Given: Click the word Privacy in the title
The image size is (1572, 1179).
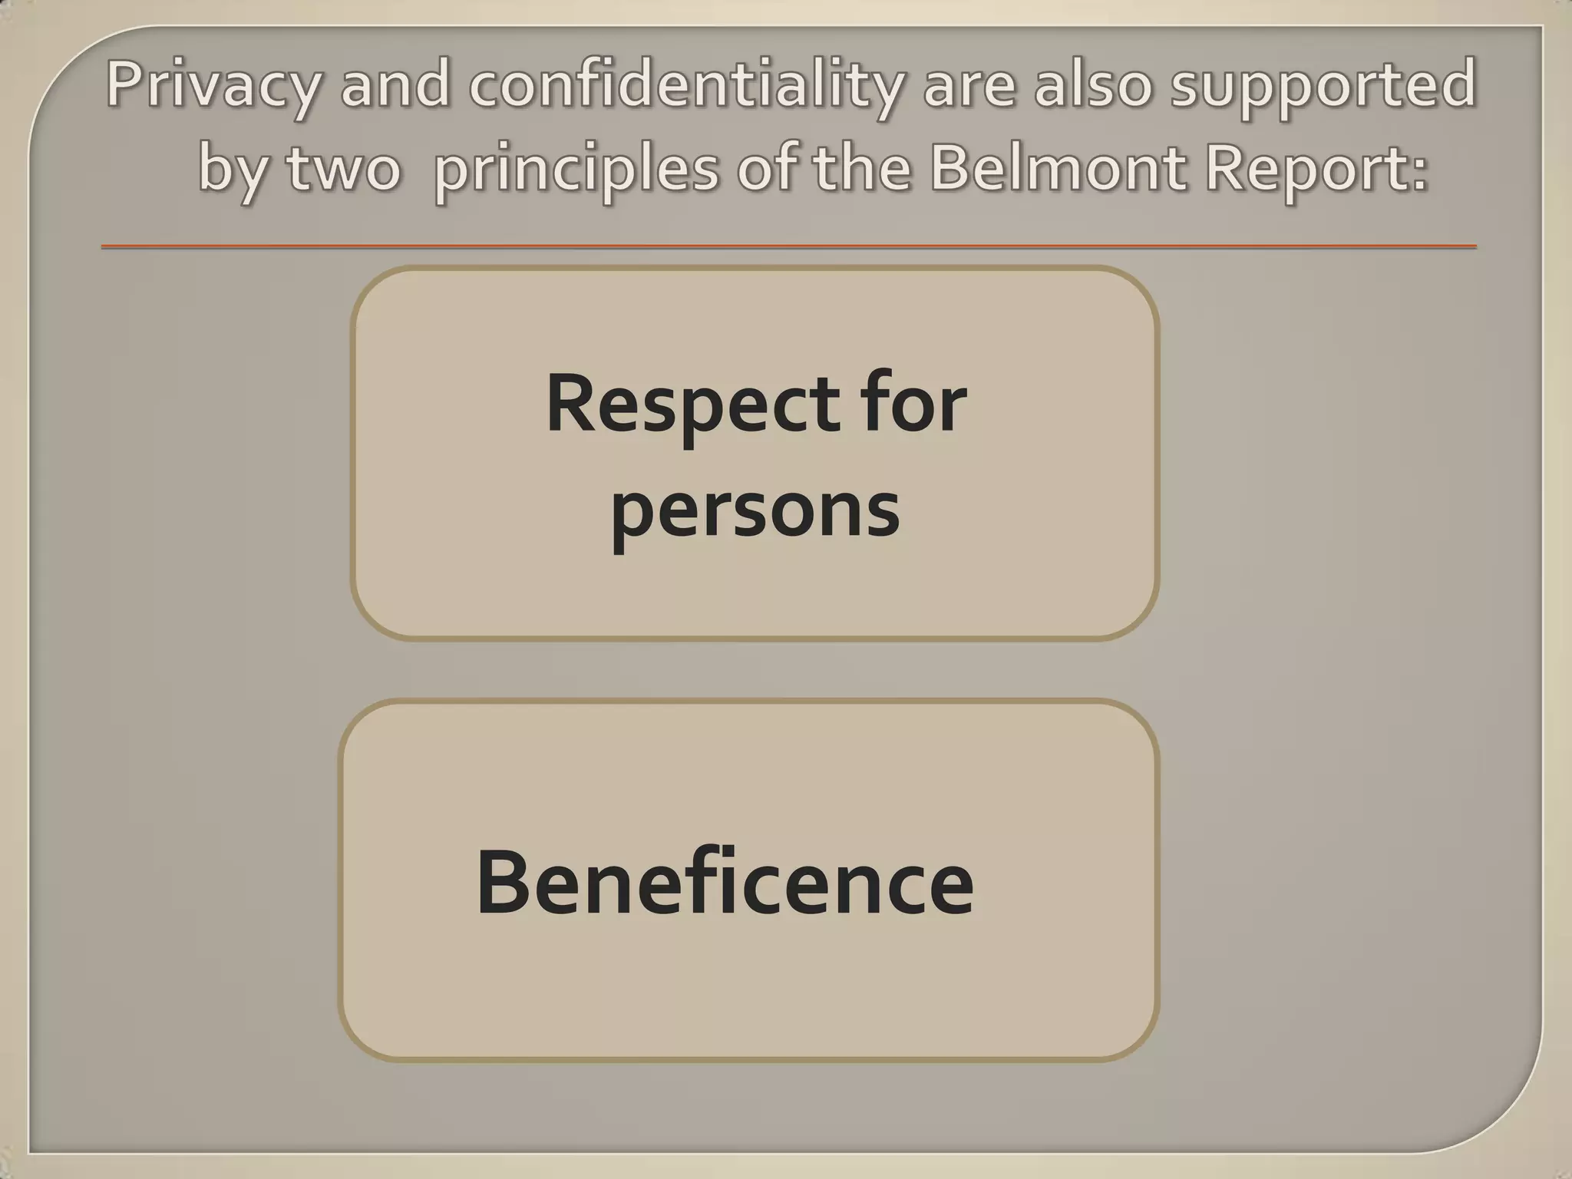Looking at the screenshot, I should (x=212, y=86).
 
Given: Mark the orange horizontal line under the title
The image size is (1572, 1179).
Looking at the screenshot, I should (x=788, y=246).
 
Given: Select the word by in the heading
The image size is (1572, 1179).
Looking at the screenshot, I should (x=234, y=170).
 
